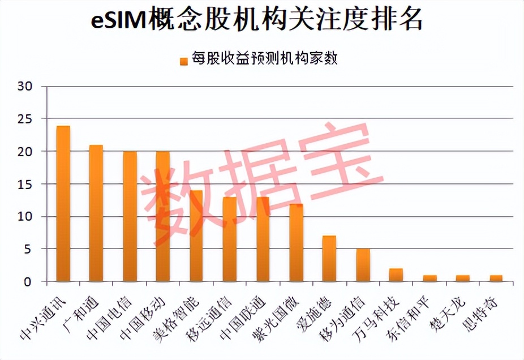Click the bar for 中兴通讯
point(63,204)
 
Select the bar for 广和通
point(96,213)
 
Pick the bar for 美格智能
point(196,236)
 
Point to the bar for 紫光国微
point(297,243)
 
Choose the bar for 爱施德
point(329,259)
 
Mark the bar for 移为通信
point(363,265)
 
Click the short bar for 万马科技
point(396,275)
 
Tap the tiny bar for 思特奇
point(496,278)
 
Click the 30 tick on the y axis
point(25,87)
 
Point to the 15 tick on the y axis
point(25,184)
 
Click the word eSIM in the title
point(119,21)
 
